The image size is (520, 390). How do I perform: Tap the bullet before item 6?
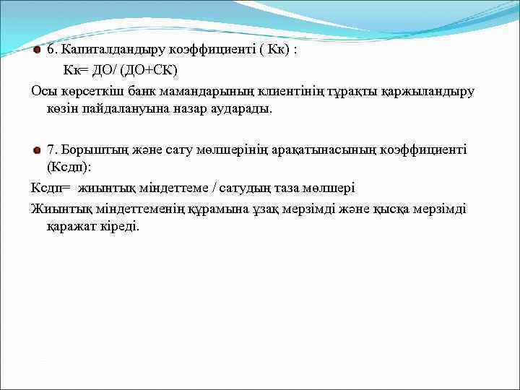[38, 51]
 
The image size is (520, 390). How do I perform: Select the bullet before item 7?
[38, 150]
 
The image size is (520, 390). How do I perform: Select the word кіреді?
[120, 227]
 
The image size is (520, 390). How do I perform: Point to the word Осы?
[43, 91]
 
